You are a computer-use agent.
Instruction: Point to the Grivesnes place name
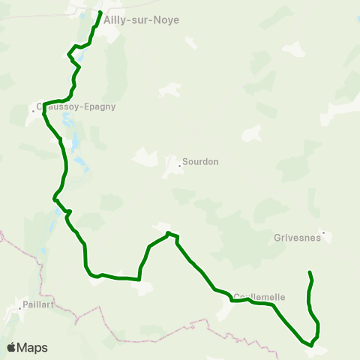coord(298,240)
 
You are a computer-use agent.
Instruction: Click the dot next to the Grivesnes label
coord(322,232)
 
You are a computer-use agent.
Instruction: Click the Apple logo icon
coord(12,347)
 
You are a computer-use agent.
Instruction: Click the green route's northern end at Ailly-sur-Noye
coord(100,13)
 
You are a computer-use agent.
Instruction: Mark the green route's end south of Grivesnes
coord(310,271)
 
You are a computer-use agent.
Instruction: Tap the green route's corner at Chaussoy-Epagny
coord(44,103)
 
